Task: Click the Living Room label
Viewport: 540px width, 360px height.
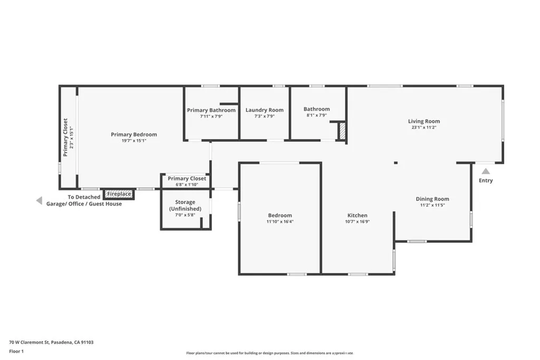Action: coord(424,121)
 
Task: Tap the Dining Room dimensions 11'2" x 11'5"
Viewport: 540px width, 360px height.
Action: coord(432,206)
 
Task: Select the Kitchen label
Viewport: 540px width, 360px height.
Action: coord(357,215)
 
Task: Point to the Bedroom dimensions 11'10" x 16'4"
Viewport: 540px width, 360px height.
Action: coord(279,222)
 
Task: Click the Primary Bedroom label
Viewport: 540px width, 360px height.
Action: coord(133,134)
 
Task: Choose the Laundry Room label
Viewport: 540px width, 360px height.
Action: coord(264,110)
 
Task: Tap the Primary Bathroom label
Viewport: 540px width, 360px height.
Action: coord(211,110)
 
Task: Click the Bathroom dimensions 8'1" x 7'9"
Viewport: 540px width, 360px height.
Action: coord(316,115)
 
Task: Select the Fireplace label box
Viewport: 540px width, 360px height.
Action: coord(119,194)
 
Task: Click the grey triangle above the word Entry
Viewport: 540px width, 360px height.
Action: coord(486,171)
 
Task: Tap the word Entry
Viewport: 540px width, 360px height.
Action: coord(486,181)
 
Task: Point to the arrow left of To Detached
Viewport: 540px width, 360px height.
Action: coord(38,200)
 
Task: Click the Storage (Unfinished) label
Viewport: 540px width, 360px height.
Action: coord(185,206)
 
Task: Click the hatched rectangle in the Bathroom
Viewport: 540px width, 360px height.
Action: coord(342,131)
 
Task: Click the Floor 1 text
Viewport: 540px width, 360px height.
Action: coord(16,351)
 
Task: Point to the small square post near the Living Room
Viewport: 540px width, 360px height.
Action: coord(396,163)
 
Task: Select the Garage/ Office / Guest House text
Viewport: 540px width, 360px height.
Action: coord(84,204)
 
